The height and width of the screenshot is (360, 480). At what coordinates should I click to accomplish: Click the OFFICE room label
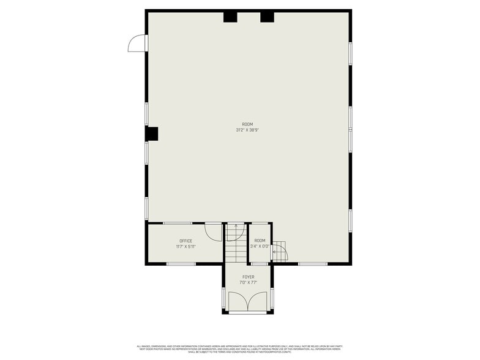[186, 241]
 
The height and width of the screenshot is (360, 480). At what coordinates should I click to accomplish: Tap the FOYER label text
[248, 277]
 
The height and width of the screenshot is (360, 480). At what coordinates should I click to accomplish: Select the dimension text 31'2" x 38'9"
[247, 130]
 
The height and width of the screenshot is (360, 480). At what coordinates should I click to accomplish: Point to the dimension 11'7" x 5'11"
[186, 247]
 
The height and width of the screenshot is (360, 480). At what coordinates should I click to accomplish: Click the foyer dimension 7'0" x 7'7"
[248, 283]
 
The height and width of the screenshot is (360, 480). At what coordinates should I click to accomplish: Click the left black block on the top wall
[230, 17]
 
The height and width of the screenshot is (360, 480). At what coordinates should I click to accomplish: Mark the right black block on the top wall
[267, 17]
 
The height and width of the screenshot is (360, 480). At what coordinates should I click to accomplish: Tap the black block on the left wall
[152, 133]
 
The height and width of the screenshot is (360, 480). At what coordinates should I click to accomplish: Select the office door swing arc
[213, 231]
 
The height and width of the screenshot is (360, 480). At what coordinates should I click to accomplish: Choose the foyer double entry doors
[247, 302]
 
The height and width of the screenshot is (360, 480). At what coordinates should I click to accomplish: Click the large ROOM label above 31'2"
[247, 124]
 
